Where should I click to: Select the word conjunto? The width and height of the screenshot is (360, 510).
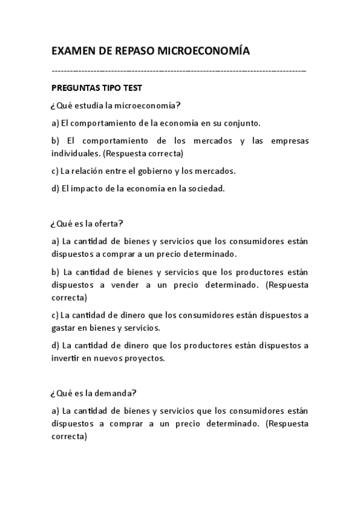tap(242, 123)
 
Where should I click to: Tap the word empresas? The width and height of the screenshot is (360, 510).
tap(289, 141)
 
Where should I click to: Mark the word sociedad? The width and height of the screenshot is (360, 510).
tap(207, 188)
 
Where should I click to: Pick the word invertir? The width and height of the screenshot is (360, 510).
tap(66, 358)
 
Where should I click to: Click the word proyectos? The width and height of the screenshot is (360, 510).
tap(142, 358)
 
